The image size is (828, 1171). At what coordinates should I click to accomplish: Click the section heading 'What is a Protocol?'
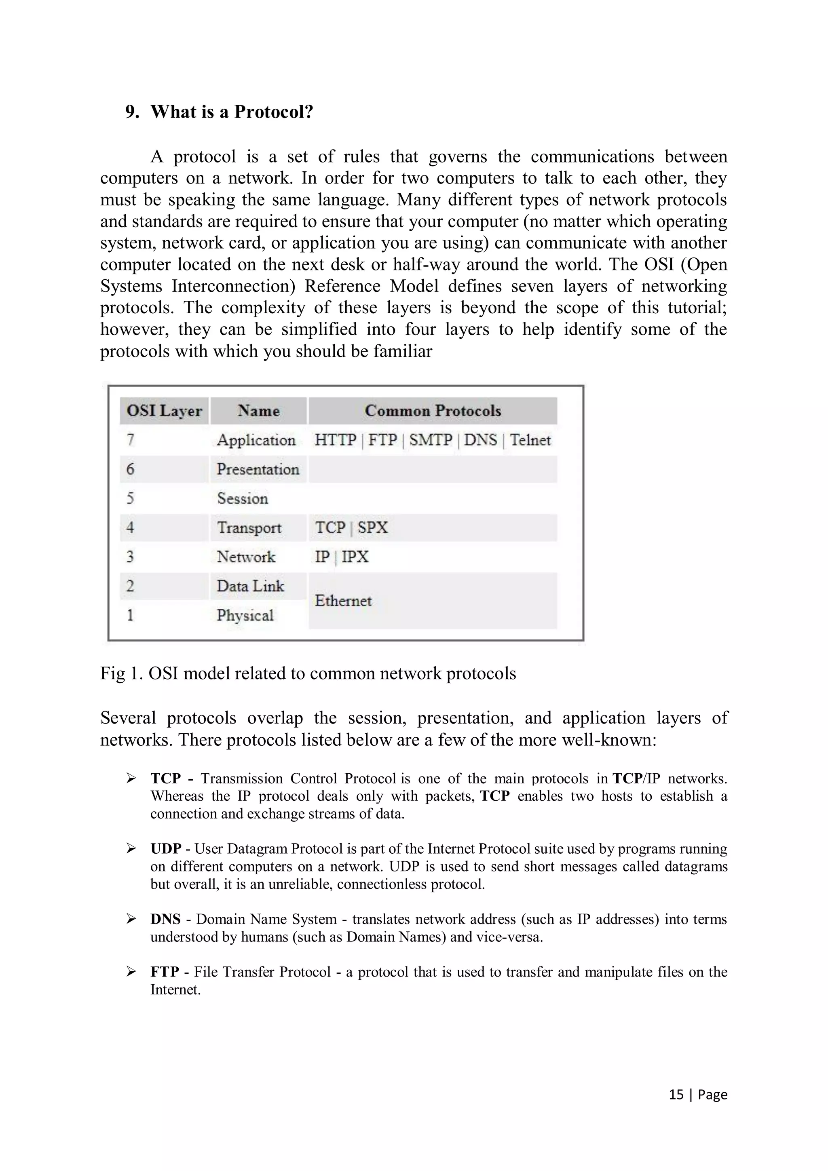click(232, 112)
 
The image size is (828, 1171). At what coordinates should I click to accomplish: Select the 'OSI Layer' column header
click(164, 411)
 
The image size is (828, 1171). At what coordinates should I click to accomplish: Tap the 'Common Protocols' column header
click(433, 411)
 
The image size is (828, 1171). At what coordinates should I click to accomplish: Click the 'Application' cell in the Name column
click(256, 440)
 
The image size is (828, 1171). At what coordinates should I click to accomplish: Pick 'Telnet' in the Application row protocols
click(530, 440)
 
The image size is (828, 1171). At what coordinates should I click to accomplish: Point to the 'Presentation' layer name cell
click(258, 469)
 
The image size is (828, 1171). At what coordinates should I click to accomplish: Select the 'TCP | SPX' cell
click(351, 527)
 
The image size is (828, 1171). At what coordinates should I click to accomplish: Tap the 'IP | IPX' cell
click(341, 557)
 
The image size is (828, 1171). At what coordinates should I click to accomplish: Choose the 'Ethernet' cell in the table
click(343, 600)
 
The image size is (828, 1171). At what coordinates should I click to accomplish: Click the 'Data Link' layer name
click(250, 585)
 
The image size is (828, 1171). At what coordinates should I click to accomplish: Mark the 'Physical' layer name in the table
click(245, 615)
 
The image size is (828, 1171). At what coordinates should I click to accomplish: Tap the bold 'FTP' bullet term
click(164, 972)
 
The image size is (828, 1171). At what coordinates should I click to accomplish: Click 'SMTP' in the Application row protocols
click(431, 440)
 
